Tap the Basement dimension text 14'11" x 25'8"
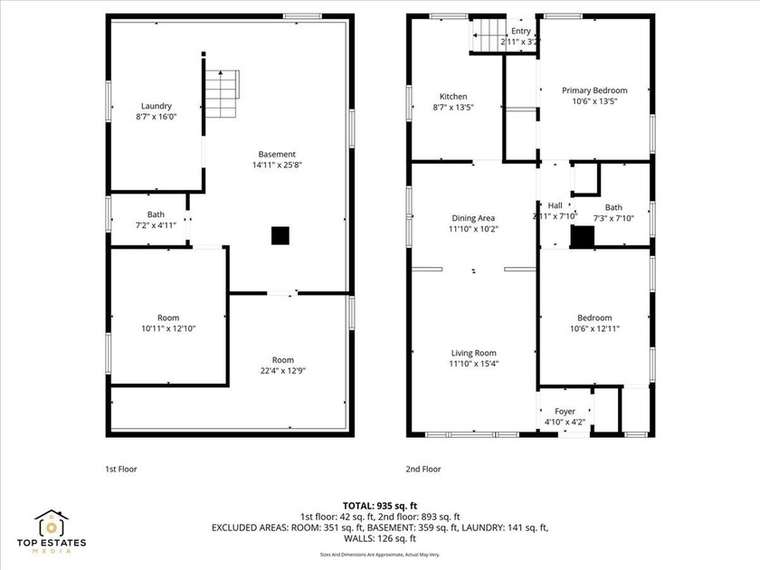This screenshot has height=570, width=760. click(x=276, y=166)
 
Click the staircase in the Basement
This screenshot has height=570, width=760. click(x=223, y=89)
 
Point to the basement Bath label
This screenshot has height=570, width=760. click(x=156, y=214)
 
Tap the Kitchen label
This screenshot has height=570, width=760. click(x=453, y=97)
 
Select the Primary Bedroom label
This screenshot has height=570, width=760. click(x=594, y=90)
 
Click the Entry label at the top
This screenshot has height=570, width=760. click(x=520, y=31)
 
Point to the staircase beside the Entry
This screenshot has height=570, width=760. click(x=483, y=39)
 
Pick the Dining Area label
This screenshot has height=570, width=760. click(x=474, y=218)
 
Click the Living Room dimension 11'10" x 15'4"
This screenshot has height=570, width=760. click(x=474, y=364)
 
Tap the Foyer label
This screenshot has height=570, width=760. click(x=565, y=411)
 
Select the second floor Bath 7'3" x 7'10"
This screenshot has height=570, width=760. click(x=613, y=212)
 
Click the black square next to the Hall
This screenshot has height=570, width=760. click(x=582, y=237)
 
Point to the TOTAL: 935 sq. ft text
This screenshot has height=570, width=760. click(x=380, y=506)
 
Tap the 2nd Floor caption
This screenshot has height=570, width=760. click(x=423, y=470)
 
